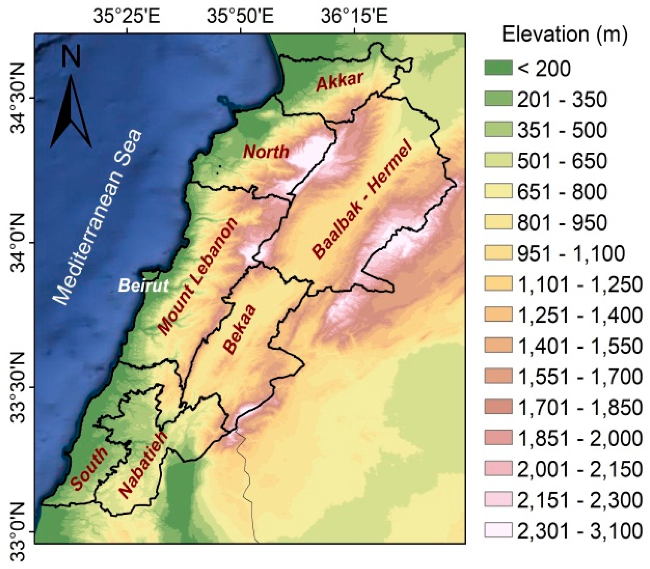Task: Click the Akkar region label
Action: (339, 81)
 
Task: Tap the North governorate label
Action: (266, 152)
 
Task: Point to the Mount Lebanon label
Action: (197, 277)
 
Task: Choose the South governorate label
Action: (89, 468)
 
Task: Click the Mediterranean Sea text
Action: (97, 217)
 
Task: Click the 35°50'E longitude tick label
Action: (240, 17)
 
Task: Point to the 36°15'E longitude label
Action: (354, 17)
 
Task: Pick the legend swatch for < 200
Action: (498, 68)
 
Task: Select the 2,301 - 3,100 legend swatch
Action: (498, 530)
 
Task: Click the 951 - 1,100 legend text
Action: (571, 253)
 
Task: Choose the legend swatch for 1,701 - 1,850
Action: (498, 407)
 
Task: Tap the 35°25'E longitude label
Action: (127, 17)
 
